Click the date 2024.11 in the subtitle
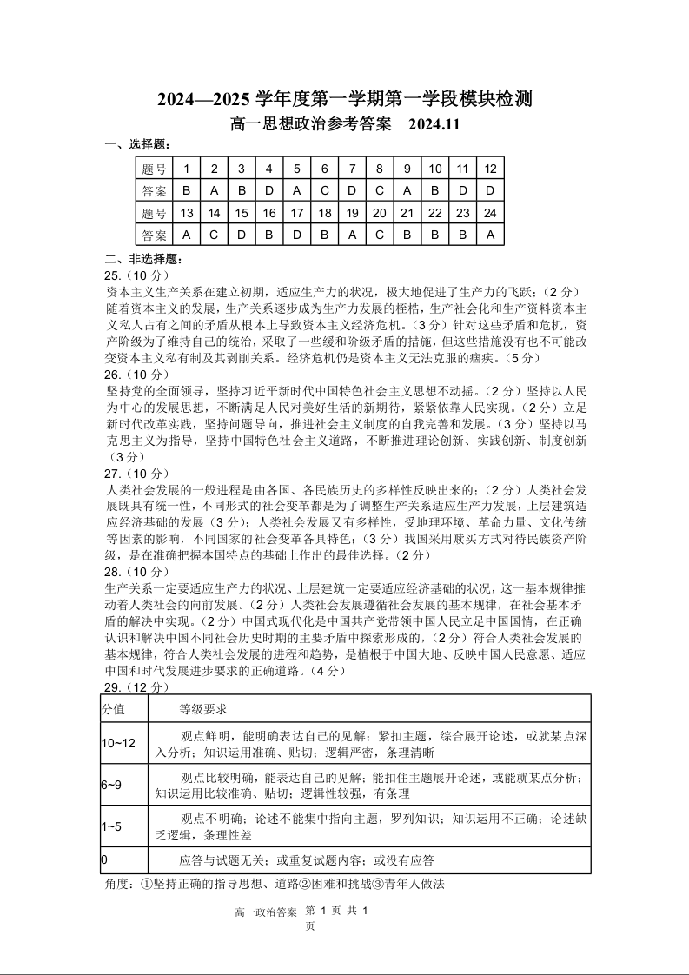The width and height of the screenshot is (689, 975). [429, 125]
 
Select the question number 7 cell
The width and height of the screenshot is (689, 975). [352, 169]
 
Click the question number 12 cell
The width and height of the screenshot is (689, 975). [490, 169]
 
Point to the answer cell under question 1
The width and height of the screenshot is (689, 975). [186, 190]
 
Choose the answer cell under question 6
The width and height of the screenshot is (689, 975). [324, 190]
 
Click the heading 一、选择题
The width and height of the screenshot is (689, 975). [137, 144]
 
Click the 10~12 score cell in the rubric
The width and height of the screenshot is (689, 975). [119, 743]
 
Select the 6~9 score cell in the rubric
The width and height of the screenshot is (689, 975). [112, 785]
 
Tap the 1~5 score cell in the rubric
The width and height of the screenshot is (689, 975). [112, 826]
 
